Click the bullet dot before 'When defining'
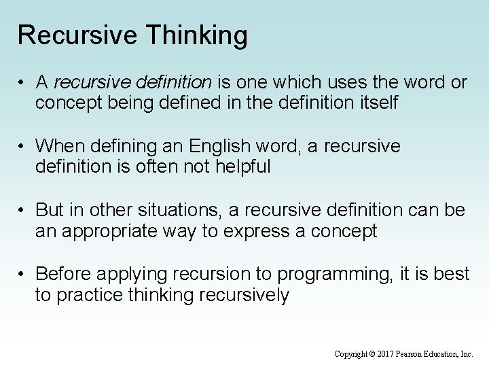pyautogui.click(x=22, y=146)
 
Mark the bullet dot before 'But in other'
pyautogui.click(x=22, y=211)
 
